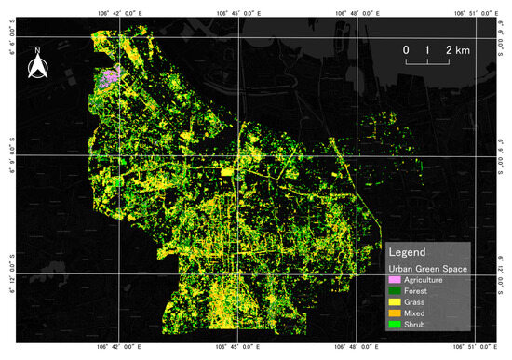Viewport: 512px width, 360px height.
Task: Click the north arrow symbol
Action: click(36, 66)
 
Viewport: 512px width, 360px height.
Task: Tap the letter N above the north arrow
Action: click(36, 50)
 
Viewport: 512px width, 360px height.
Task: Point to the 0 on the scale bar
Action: click(406, 48)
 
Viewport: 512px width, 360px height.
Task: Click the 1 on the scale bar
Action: click(427, 48)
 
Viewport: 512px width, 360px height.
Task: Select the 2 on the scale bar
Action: click(449, 48)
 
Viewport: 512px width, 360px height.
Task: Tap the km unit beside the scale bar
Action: click(463, 48)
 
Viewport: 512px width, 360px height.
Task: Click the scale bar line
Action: click(427, 61)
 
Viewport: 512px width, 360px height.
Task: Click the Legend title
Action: click(408, 252)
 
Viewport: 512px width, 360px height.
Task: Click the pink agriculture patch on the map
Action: click(111, 78)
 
